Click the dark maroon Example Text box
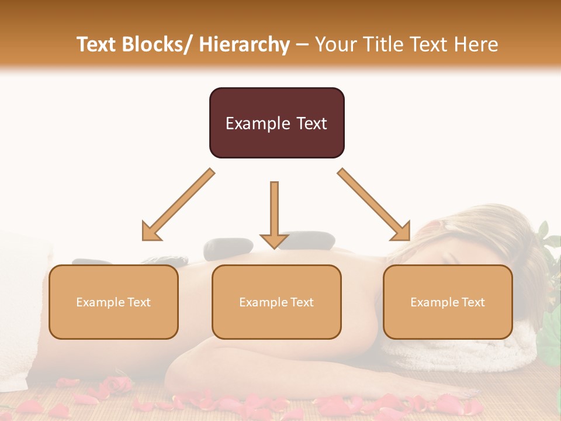tap(276, 123)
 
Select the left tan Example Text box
tap(113, 302)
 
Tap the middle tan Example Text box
tap(276, 302)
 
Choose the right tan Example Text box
tap(448, 302)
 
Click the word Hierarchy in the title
tap(244, 44)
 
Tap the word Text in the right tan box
tap(472, 302)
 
